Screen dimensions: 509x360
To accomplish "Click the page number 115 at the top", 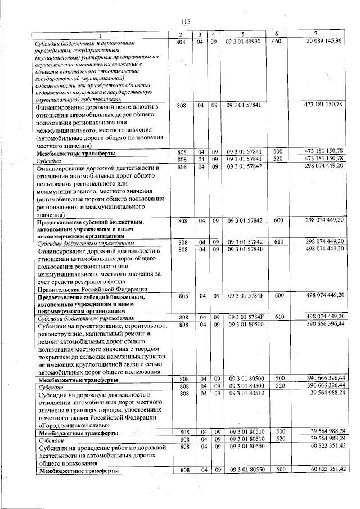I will pos(186,22).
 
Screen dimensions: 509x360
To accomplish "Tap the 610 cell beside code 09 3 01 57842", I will pos(277,242).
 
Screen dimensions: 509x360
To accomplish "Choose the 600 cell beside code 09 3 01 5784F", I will pos(277,295).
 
